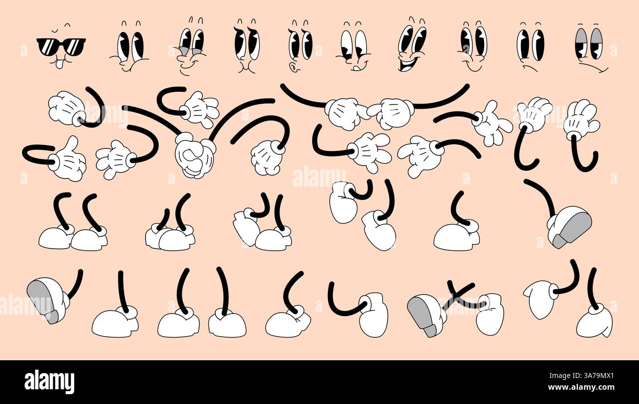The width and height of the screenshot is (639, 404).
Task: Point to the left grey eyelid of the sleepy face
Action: (x=581, y=36)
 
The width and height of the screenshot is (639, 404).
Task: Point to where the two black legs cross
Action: (x=457, y=295)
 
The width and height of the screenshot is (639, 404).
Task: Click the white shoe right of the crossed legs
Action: (x=490, y=315)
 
